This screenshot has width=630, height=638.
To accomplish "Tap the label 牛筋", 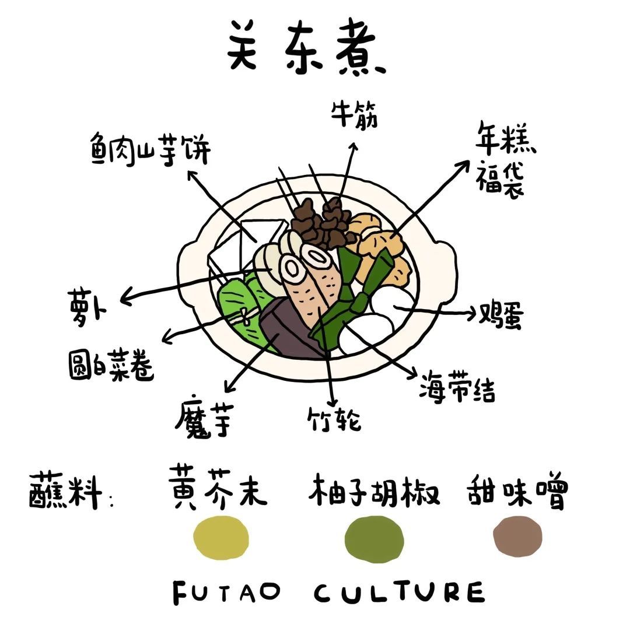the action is [x=353, y=115].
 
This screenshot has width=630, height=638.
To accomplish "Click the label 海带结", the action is [x=457, y=387].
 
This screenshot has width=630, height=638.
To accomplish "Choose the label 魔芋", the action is [x=204, y=416].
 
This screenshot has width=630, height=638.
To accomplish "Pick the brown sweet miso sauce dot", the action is [x=517, y=536].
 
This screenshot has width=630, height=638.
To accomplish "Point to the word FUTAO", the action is [x=227, y=592].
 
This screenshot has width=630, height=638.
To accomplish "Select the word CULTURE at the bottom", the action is [x=399, y=592].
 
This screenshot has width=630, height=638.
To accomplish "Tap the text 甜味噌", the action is [x=517, y=490].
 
